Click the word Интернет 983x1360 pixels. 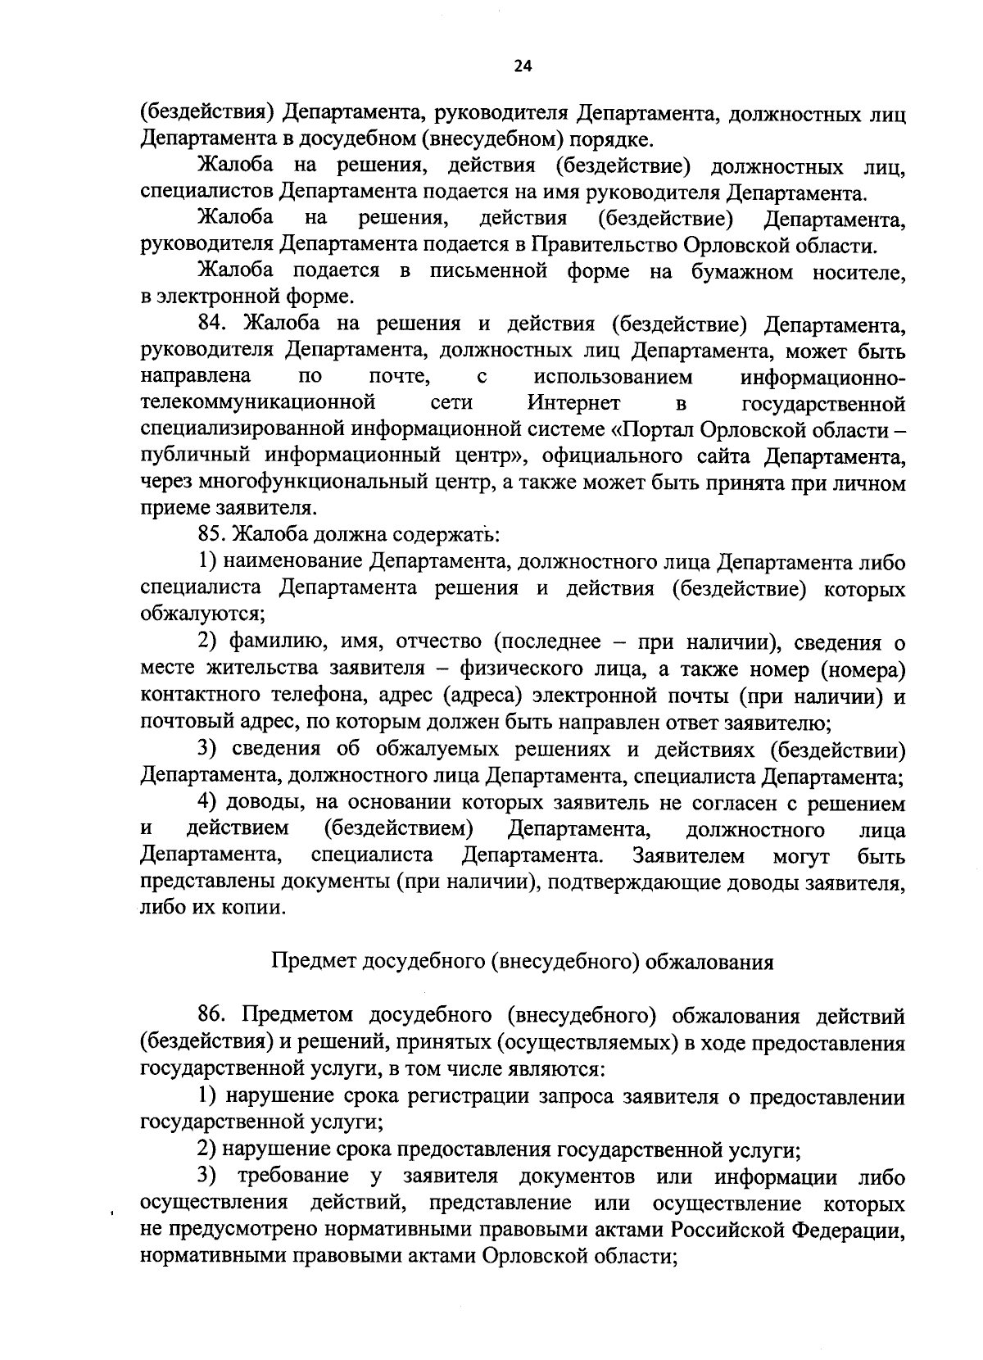(573, 404)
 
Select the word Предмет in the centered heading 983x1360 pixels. (310, 962)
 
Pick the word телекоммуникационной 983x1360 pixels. (258, 404)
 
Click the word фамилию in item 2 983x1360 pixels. (271, 641)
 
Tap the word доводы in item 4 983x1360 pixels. (262, 803)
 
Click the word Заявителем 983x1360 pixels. (688, 856)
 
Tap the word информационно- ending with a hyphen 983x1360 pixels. (822, 378)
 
